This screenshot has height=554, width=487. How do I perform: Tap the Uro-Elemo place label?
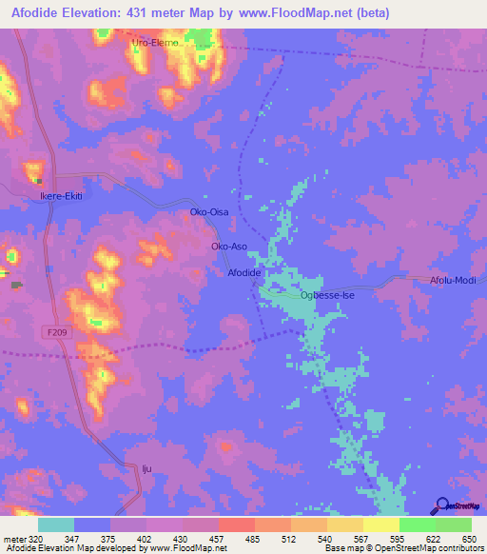pyautogui.click(x=156, y=44)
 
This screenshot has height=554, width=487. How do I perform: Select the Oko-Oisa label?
pyautogui.click(x=209, y=212)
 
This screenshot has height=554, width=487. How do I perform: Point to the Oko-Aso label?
pyautogui.click(x=229, y=247)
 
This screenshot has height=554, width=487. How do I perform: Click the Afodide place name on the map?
pyautogui.click(x=244, y=273)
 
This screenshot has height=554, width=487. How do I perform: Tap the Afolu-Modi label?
pyautogui.click(x=452, y=280)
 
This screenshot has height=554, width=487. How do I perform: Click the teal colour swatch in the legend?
pyautogui.click(x=56, y=524)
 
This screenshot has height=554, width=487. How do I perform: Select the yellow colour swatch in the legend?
pyautogui.click(x=380, y=524)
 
